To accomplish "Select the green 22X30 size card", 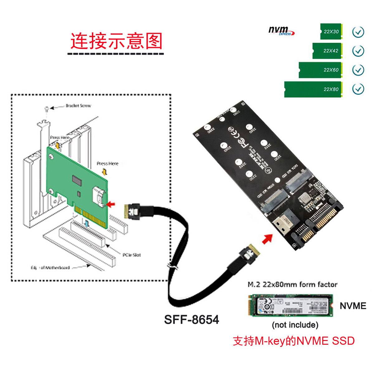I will pyautogui.click(x=331, y=31).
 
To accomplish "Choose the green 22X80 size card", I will pyautogui.click(x=313, y=89).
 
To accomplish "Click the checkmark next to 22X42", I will pyautogui.click(x=358, y=51).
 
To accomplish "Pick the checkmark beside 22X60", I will pyautogui.click(x=358, y=70).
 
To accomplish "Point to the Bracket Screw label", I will pyautogui.click(x=78, y=106).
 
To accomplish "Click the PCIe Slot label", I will pyautogui.click(x=132, y=255).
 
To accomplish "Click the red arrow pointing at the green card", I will pyautogui.click(x=110, y=204).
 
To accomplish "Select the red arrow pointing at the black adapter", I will pyautogui.click(x=266, y=240).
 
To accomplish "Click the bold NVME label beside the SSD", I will pyautogui.click(x=353, y=306).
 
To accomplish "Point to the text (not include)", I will pyautogui.click(x=295, y=325).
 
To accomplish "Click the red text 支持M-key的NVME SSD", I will pyautogui.click(x=294, y=341).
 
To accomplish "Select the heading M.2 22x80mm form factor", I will pyautogui.click(x=292, y=285).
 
